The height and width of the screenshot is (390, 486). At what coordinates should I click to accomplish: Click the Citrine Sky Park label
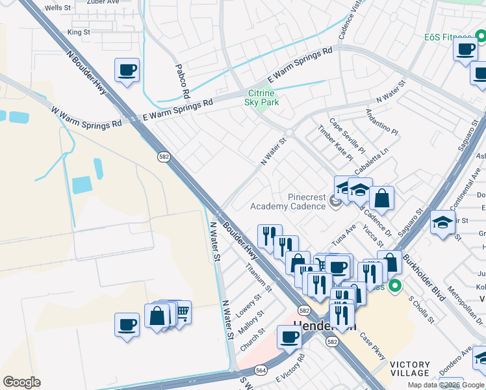pyautogui.click(x=262, y=97)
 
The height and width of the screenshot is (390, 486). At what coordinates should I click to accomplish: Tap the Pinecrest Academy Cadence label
pyautogui.click(x=288, y=201)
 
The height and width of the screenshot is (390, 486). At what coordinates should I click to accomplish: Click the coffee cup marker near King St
pyautogui.click(x=127, y=70)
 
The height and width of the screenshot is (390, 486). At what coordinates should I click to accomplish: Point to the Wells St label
pyautogui.click(x=58, y=8)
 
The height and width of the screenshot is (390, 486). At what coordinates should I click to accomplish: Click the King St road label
pyautogui.click(x=78, y=32)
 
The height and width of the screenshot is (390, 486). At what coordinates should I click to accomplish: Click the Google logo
pyautogui.click(x=21, y=382)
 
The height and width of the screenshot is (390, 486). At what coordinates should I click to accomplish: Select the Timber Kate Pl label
pyautogui.click(x=335, y=144)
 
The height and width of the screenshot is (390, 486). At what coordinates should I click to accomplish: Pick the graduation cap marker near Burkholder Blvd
pyautogui.click(x=442, y=223)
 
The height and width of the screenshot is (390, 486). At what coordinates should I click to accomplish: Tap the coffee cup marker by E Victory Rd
pyautogui.click(x=289, y=336)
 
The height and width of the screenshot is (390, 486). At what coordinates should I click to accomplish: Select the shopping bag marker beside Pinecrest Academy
pyautogui.click(x=382, y=198)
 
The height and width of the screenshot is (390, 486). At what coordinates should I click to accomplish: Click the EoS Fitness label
pyautogui.click(x=449, y=38)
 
